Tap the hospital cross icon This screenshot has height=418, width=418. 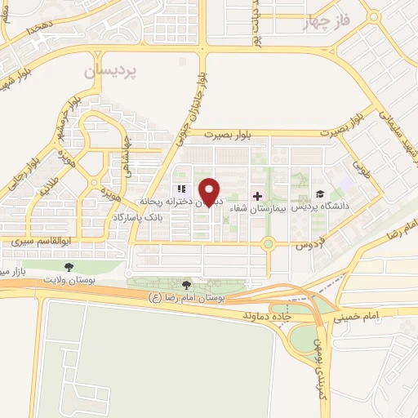(258, 196)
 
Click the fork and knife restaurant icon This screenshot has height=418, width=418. (181, 189)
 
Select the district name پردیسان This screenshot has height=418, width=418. (112, 71)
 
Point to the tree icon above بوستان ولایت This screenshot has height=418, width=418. (68, 266)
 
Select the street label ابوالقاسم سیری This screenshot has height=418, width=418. (42, 242)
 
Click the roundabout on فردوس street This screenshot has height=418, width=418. (267, 243)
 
